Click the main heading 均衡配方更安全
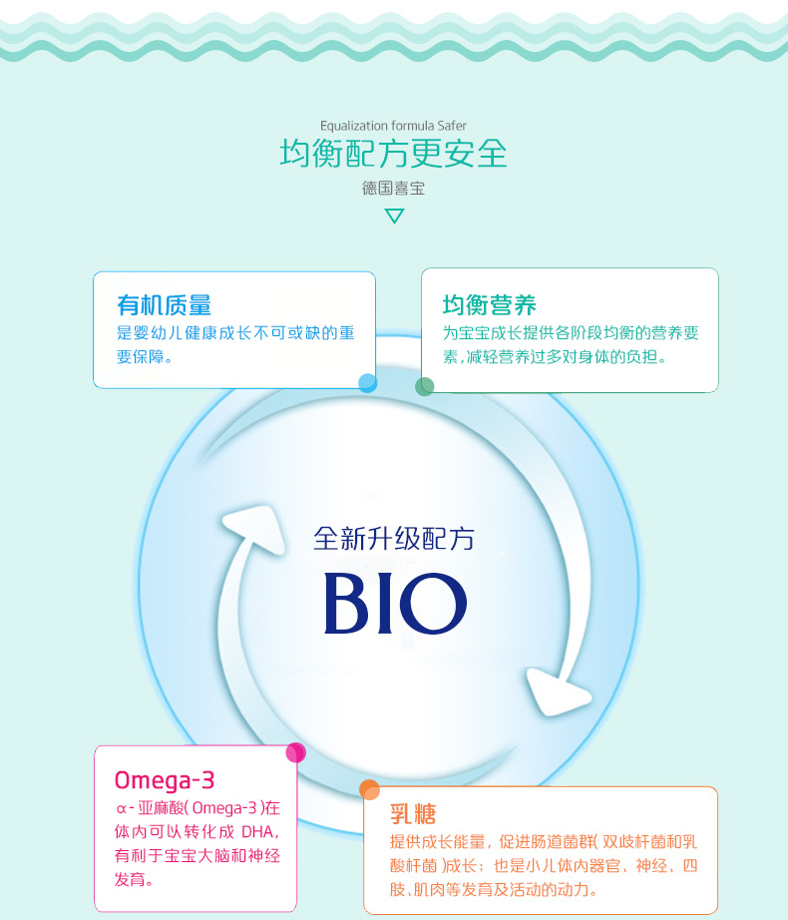point(393,154)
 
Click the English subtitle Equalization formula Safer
point(393,126)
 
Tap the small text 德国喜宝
point(393,188)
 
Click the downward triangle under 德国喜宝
point(394,216)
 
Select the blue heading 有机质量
point(164,304)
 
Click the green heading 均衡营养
point(490,304)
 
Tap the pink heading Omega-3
point(165,778)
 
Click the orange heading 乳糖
point(413,813)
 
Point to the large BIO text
point(395,603)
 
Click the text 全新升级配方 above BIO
point(393,539)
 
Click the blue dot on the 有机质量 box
point(367,382)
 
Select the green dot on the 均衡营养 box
point(425,386)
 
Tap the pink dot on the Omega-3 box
point(295,753)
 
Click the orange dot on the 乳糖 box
point(369,789)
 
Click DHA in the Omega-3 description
point(257,830)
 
